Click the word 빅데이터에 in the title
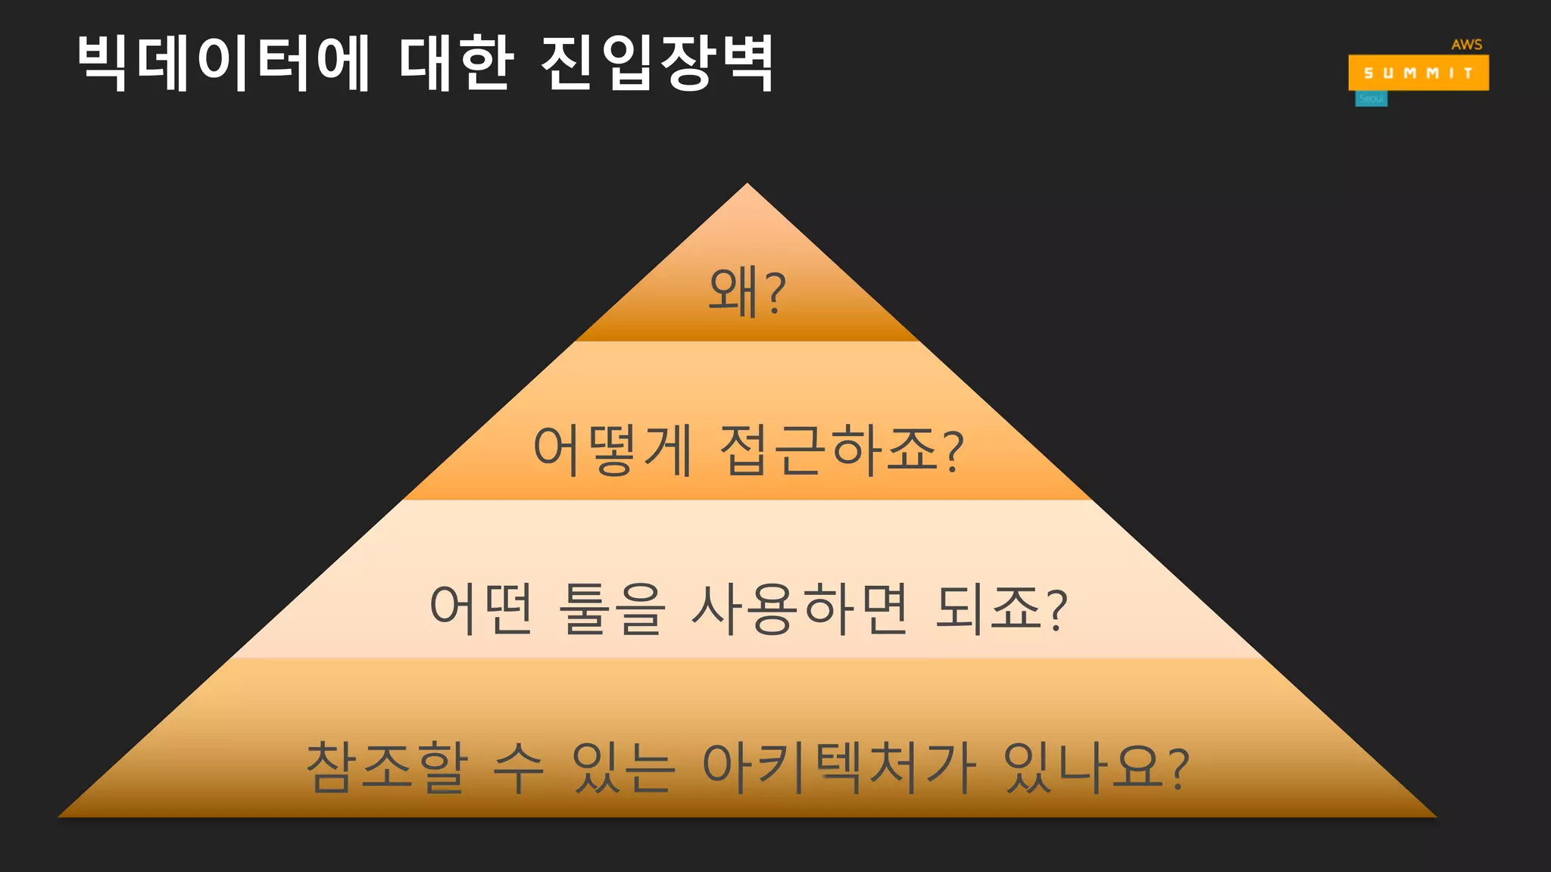tap(223, 64)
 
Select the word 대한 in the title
tap(456, 64)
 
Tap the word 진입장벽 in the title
tap(657, 64)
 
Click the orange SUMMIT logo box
tap(1418, 73)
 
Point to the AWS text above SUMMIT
tap(1466, 45)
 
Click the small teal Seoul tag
tap(1371, 99)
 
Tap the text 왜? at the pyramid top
tap(747, 293)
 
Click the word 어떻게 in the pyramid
tap(612, 450)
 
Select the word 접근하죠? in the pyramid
tap(841, 450)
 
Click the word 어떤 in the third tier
tap(482, 609)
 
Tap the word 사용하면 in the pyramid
tap(800, 609)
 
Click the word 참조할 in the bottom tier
tap(387, 767)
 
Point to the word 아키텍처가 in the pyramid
tap(839, 767)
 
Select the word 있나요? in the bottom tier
tap(1096, 767)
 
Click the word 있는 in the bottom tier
tap(623, 767)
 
